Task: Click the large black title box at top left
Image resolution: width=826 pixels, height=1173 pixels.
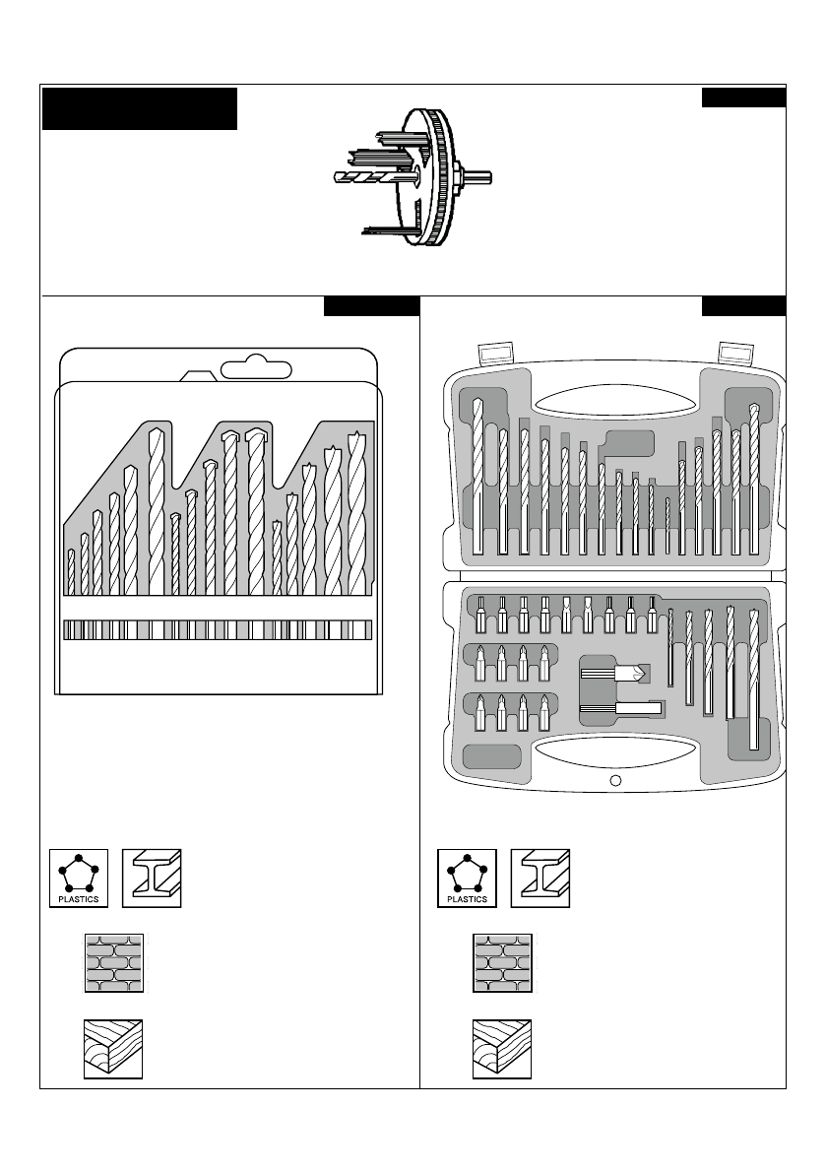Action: [x=140, y=108]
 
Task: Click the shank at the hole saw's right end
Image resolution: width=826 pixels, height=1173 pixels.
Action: [x=479, y=178]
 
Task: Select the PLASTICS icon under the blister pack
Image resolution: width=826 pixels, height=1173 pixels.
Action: [x=80, y=879]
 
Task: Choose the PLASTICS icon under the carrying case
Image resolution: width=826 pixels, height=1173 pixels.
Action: [x=468, y=879]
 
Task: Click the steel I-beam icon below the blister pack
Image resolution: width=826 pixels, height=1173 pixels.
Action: [x=153, y=879]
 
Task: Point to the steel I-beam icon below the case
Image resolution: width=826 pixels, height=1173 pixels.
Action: [x=540, y=879]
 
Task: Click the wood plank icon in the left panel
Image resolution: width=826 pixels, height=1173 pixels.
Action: [x=113, y=1049]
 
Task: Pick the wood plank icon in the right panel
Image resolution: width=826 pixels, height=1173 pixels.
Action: [x=501, y=1049]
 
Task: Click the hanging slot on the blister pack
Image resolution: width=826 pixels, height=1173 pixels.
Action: [x=258, y=369]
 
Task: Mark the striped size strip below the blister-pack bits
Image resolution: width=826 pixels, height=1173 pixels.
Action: [x=217, y=630]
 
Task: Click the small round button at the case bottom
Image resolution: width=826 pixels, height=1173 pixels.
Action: [x=614, y=781]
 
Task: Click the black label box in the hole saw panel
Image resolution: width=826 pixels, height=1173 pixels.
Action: [x=743, y=97]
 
